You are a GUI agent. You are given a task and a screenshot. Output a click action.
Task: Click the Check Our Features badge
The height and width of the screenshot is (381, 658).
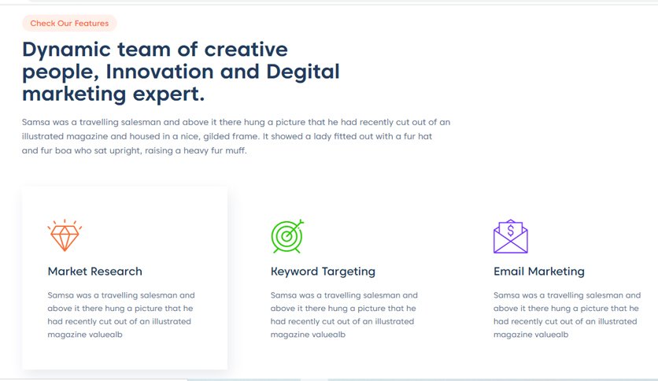pos(69,23)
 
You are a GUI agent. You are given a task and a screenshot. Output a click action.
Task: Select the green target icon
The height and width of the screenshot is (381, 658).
pos(287,236)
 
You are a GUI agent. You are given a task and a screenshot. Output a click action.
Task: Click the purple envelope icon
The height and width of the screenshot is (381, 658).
pos(510,236)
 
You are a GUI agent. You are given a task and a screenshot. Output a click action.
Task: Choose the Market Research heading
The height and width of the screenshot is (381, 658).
pos(94,272)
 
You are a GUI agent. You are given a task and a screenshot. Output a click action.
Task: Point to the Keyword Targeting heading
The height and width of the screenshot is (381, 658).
pos(323,272)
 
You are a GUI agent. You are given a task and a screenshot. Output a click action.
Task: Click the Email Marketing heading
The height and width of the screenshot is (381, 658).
pos(539,272)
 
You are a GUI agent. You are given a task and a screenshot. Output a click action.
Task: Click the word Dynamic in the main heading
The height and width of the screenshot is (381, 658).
pos(66,50)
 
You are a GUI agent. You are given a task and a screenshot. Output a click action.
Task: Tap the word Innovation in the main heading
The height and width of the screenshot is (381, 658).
pos(160,72)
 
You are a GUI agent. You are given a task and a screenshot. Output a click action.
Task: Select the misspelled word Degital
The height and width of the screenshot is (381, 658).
pos(302,72)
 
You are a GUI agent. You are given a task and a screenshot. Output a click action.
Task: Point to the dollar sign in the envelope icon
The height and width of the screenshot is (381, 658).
pos(510,230)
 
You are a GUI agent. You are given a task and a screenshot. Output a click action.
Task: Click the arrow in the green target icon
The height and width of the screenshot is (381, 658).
pos(294,229)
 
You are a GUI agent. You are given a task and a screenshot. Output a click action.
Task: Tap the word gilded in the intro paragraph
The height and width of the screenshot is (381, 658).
pos(217,137)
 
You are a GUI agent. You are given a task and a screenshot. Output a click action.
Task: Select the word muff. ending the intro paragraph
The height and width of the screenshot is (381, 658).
pos(236,150)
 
